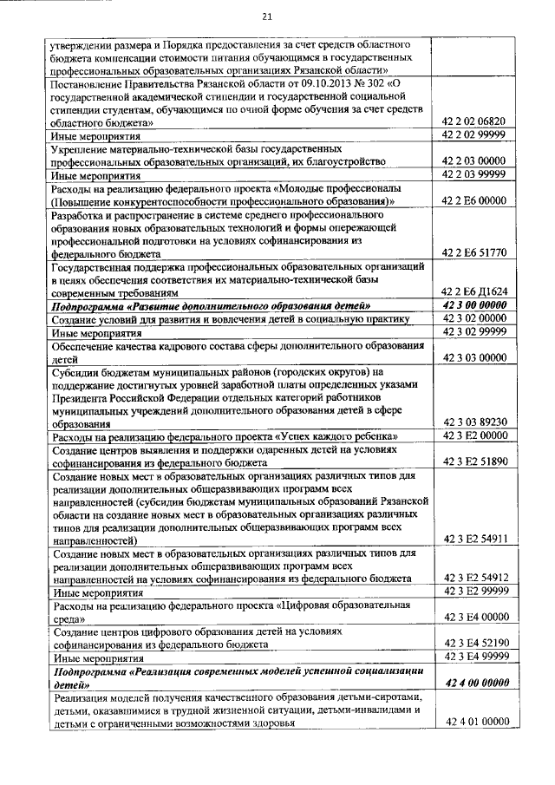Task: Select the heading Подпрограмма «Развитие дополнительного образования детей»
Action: pos(212,305)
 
